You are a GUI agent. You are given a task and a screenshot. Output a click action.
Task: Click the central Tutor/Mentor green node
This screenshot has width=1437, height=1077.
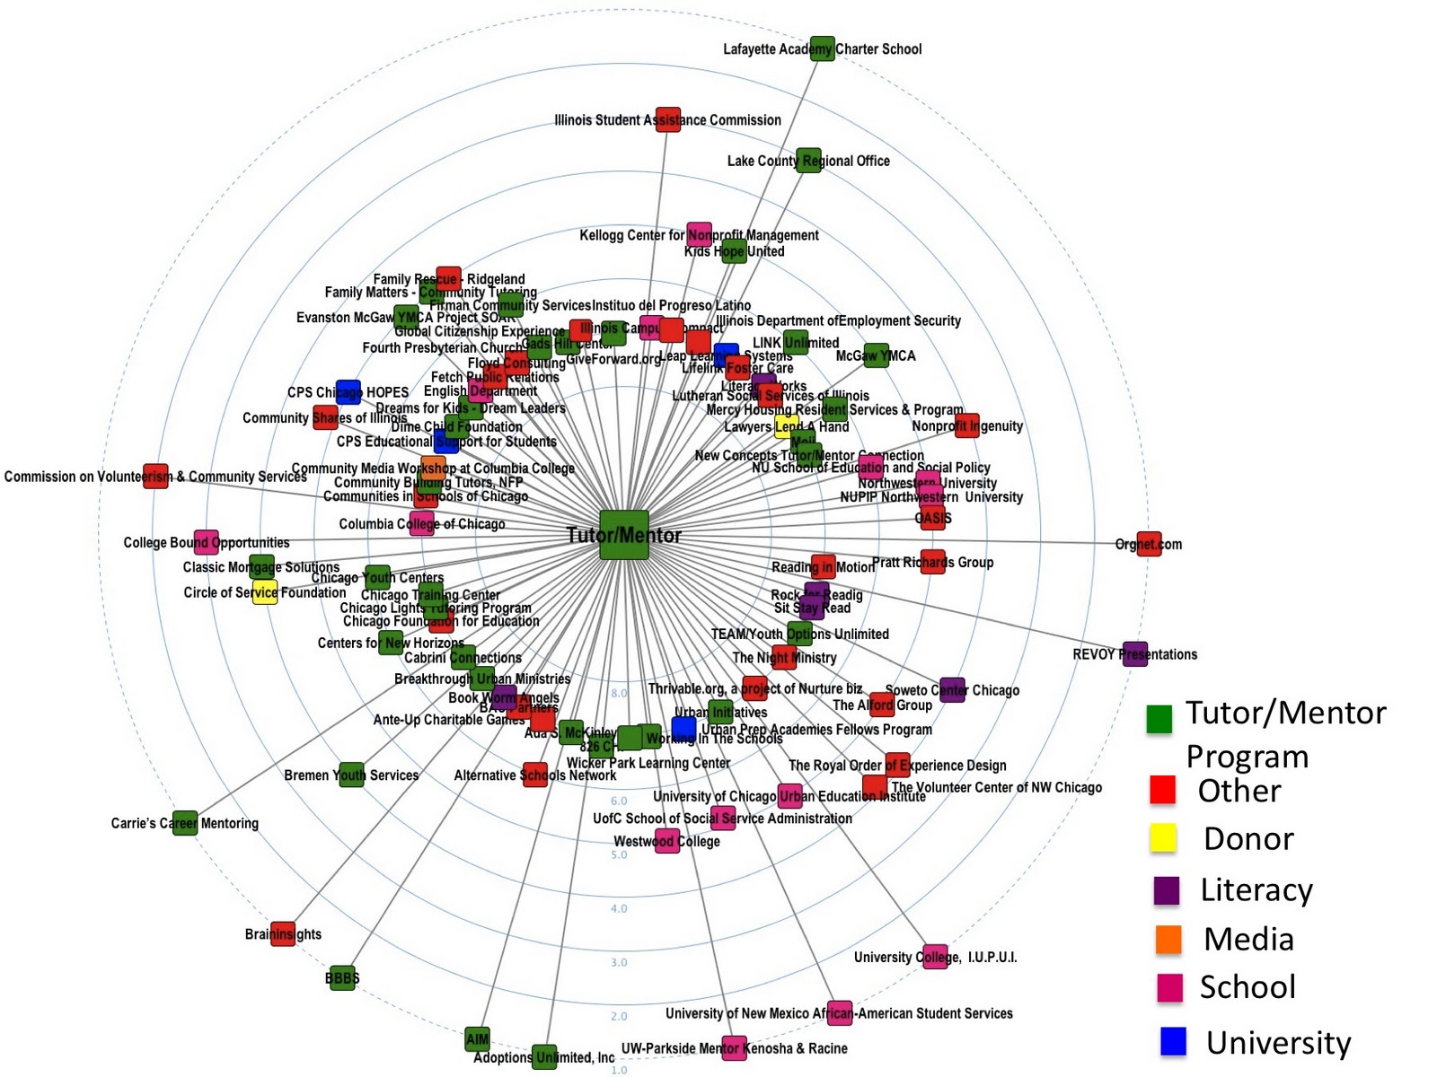pos(624,535)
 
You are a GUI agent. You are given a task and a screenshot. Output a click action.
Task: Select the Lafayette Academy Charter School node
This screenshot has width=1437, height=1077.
pos(822,48)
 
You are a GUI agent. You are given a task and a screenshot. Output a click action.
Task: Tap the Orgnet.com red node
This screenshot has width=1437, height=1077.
pos(1149,544)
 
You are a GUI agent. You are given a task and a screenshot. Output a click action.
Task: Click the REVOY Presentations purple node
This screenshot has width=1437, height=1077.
pos(1135,654)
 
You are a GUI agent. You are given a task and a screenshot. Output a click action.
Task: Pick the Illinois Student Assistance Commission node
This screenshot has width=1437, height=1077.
pos(668,119)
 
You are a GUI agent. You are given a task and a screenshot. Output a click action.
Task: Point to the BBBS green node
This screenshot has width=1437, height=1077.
pos(343,977)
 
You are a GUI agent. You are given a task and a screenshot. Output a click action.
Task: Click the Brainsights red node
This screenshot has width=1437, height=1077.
pos(283,933)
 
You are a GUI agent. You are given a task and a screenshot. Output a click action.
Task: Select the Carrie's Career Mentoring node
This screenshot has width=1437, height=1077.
pos(185,822)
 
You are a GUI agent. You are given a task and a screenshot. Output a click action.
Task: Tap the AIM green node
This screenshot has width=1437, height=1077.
pos(478,1039)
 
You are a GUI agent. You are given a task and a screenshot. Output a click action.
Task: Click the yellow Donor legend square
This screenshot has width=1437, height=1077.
pos(1163,837)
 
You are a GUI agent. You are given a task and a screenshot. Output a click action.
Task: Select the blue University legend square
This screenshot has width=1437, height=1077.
pos(1173,1041)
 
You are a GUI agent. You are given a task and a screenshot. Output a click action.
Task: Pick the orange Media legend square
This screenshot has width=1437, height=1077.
pos(1168,939)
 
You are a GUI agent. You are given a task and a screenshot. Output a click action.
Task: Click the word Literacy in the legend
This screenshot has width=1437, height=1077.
pos(1256,889)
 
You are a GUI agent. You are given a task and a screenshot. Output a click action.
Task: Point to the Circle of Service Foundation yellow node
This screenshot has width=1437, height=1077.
pos(265,592)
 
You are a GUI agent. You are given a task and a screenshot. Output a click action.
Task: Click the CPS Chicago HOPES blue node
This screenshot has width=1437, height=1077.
pos(348,392)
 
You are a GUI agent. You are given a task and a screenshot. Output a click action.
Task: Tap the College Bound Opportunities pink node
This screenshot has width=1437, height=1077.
pos(207,542)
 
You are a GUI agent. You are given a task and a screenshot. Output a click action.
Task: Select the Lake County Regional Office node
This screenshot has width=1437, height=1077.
pos(808,161)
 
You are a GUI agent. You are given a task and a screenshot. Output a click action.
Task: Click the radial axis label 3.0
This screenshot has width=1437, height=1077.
pos(619,962)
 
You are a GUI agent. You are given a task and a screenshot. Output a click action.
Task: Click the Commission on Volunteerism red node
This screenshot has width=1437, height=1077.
pos(156,476)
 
